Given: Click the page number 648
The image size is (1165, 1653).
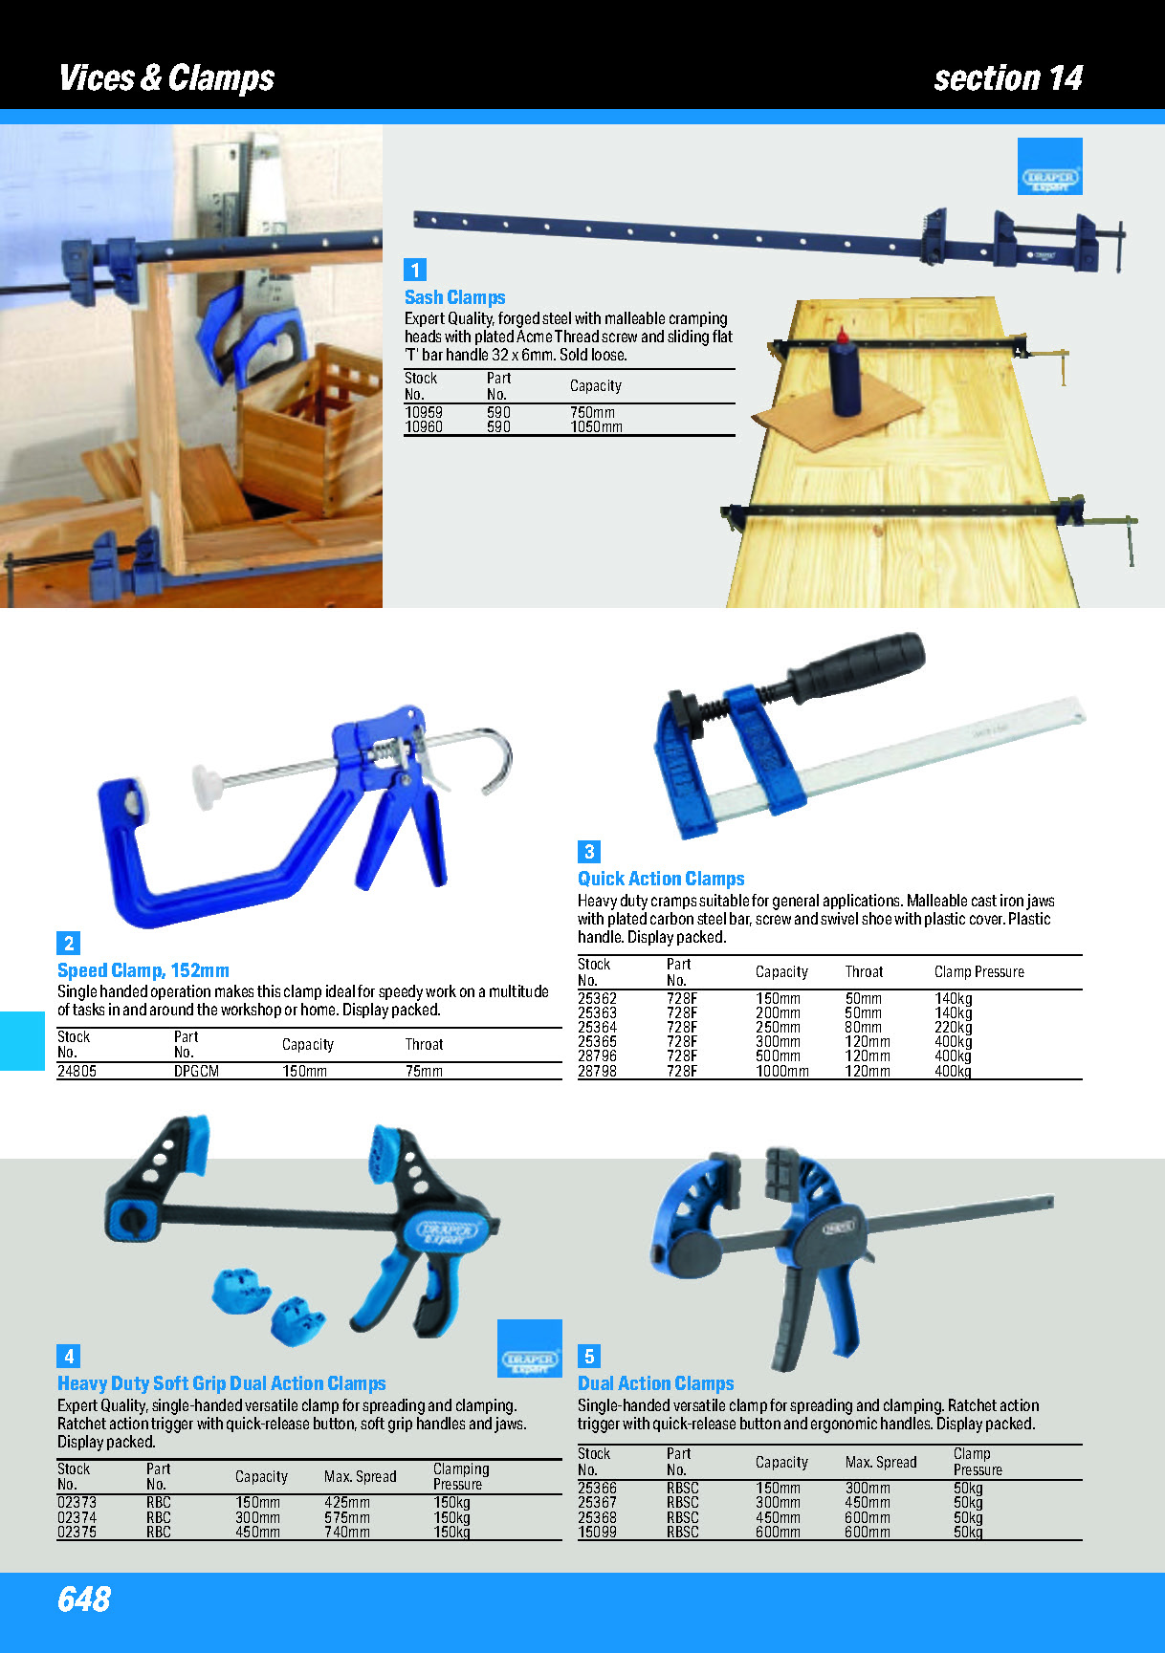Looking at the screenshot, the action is pyautogui.click(x=84, y=1599).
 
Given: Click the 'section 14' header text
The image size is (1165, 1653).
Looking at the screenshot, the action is pyautogui.click(x=1008, y=77).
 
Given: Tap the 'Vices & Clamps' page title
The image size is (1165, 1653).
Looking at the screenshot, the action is pyautogui.click(x=166, y=77).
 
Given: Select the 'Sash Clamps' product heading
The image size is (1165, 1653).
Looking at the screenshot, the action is pyautogui.click(x=454, y=297).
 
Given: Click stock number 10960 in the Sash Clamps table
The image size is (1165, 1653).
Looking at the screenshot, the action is pyautogui.click(x=424, y=427).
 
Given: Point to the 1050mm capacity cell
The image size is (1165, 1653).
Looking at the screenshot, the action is pyautogui.click(x=596, y=427).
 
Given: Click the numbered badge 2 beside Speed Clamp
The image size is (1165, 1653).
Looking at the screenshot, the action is pyautogui.click(x=69, y=944).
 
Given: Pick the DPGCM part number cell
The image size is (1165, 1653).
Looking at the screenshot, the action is pyautogui.click(x=196, y=1072).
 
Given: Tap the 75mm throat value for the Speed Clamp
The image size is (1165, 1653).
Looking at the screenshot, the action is pyautogui.click(x=424, y=1072).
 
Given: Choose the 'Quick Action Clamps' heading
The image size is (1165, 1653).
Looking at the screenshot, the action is pyautogui.click(x=661, y=879).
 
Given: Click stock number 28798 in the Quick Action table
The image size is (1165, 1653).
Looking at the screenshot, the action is pyautogui.click(x=597, y=1072).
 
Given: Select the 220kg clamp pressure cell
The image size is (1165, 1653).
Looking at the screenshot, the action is pyautogui.click(x=953, y=1028).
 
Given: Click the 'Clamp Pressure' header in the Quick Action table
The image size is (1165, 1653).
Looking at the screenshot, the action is pyautogui.click(x=978, y=972).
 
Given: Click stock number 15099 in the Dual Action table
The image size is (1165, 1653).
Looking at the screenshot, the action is pyautogui.click(x=597, y=1532).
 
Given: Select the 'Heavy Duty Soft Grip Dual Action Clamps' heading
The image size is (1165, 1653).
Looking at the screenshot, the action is pyautogui.click(x=222, y=1383).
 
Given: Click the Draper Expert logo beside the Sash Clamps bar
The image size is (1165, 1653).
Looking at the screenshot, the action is pyautogui.click(x=1050, y=166).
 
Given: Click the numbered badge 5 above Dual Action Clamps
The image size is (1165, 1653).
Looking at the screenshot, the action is pyautogui.click(x=589, y=1357).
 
